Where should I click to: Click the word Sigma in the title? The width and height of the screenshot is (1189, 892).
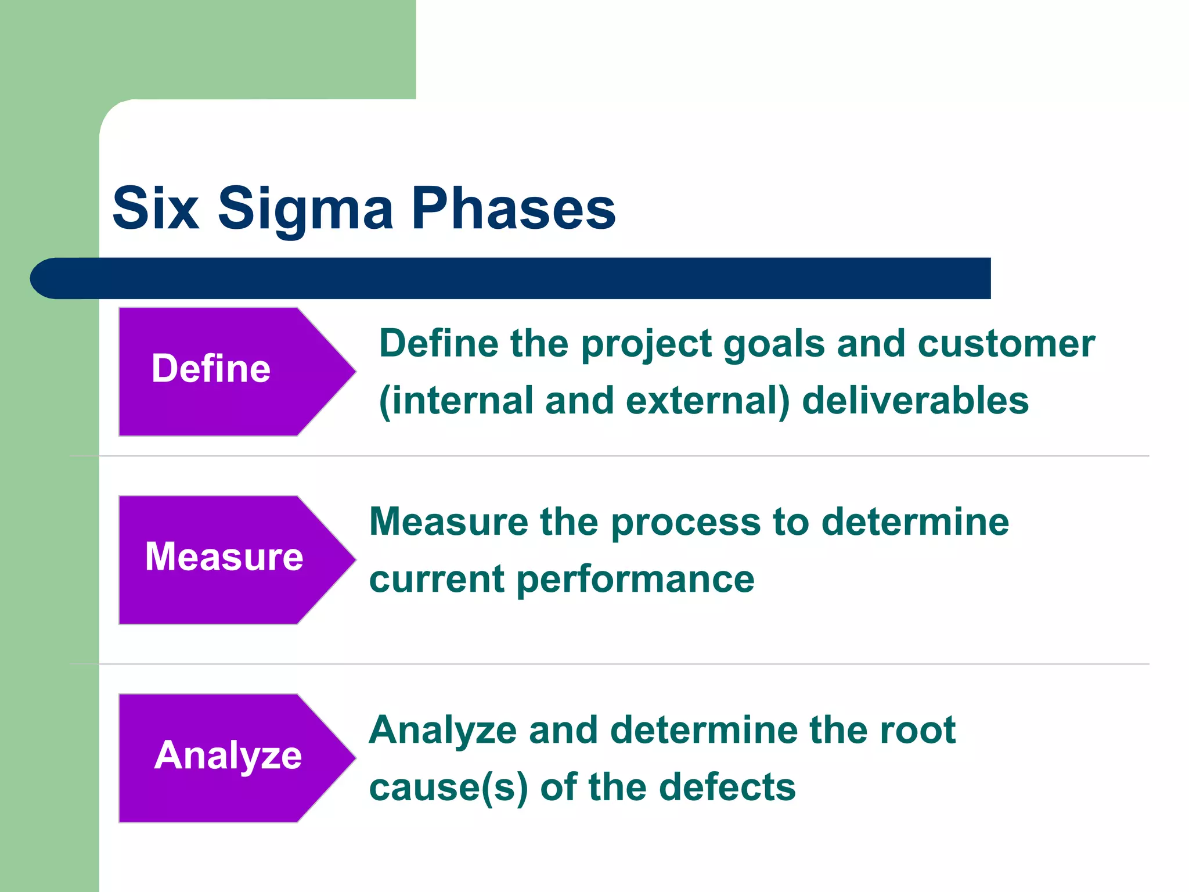[x=305, y=209]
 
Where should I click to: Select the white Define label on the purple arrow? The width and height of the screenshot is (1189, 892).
[x=211, y=369]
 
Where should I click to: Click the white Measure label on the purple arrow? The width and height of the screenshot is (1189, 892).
[x=224, y=557]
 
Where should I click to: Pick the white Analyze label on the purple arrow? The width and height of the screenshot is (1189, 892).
[x=228, y=756]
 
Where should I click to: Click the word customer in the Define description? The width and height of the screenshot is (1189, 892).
[x=1006, y=344]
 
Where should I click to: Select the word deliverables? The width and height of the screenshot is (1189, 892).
[x=915, y=401]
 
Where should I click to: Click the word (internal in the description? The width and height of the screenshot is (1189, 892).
[x=456, y=401]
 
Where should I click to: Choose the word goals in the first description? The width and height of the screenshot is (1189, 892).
[x=774, y=344]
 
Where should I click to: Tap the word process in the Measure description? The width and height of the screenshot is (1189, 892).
[x=686, y=522]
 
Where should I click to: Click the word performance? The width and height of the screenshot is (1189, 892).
[x=635, y=580]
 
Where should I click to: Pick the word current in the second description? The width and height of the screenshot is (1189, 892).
[x=437, y=580]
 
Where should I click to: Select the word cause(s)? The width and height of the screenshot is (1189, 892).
[x=448, y=787]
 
